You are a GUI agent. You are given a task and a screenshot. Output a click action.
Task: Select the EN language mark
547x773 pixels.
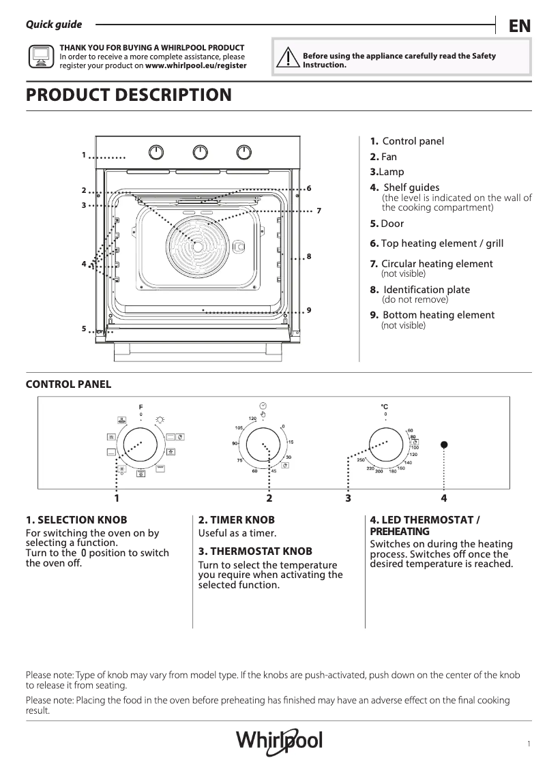click(x=519, y=26)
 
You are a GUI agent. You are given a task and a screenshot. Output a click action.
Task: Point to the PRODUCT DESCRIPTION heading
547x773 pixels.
click(x=128, y=95)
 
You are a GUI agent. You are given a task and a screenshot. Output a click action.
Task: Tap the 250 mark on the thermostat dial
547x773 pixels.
click(x=361, y=460)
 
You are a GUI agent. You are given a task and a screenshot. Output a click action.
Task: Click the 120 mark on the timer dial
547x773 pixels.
click(x=252, y=418)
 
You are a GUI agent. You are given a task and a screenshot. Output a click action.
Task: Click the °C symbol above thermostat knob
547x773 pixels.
click(x=385, y=407)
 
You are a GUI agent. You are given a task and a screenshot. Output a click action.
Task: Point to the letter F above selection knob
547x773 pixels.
click(x=141, y=407)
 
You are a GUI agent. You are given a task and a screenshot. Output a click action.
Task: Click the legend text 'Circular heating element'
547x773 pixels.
click(x=437, y=264)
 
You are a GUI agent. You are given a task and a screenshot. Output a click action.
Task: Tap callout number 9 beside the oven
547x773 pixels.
click(x=309, y=310)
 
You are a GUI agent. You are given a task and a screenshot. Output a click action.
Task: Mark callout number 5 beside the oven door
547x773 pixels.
click(x=84, y=329)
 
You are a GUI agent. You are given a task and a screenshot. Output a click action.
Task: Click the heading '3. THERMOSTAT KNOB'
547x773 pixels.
click(x=255, y=551)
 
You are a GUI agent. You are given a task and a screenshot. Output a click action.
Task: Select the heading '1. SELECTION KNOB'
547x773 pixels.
click(x=76, y=519)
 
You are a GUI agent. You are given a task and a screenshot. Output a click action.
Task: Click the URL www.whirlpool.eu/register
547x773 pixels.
click(x=196, y=66)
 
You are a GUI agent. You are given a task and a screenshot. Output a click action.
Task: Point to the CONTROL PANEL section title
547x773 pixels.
click(x=68, y=384)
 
